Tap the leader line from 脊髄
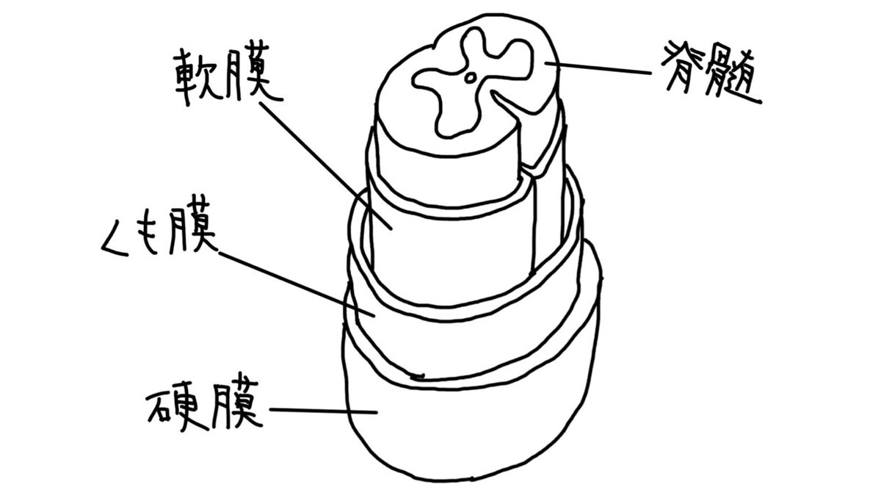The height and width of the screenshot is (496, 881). [x=602, y=68]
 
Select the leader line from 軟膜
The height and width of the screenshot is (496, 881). [x=316, y=158]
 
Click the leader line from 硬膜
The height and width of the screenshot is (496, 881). [x=323, y=410]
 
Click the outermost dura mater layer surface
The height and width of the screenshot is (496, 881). [x=470, y=434]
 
